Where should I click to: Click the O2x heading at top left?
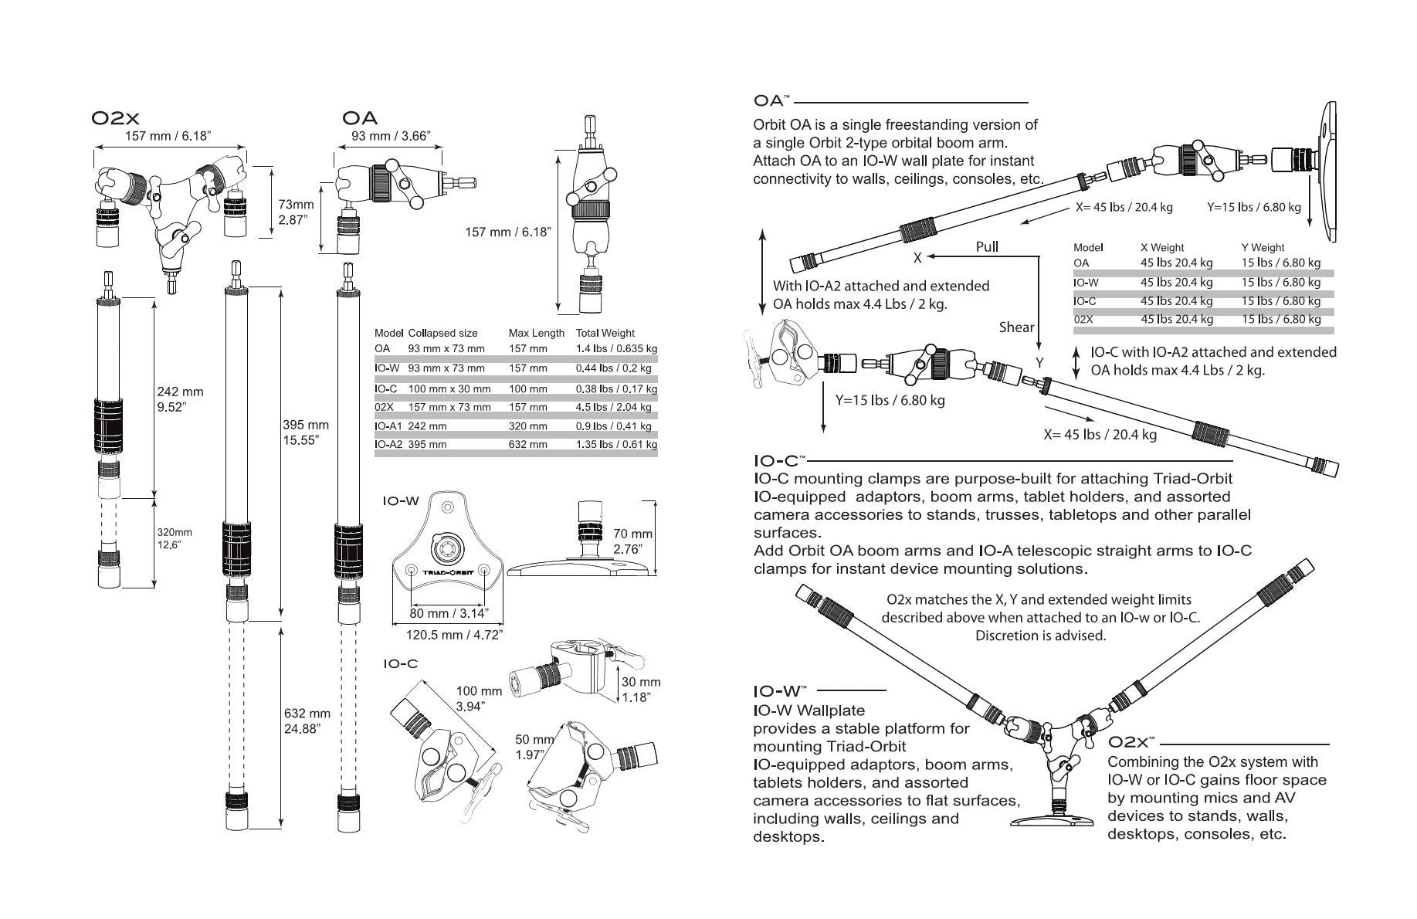(115, 118)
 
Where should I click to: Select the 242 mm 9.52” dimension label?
(180, 399)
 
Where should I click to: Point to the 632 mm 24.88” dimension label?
(307, 721)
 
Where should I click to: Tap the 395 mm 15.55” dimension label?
(306, 432)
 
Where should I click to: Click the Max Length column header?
(536, 333)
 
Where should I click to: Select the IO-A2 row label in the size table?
(388, 444)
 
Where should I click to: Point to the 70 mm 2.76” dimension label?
(632, 541)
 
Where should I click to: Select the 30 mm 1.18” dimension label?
(641, 690)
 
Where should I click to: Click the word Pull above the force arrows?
(987, 246)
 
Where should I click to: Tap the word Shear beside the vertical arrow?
(1016, 327)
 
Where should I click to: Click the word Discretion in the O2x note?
(1008, 636)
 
